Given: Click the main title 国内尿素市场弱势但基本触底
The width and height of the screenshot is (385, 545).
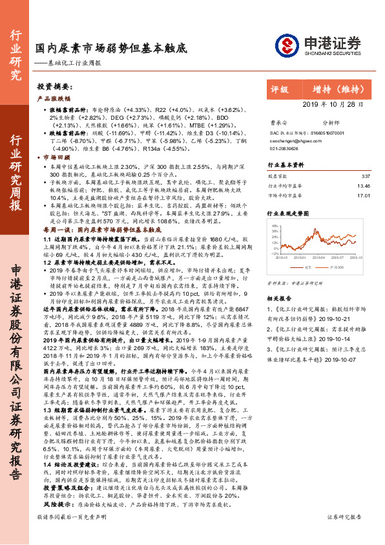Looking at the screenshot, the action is tap(110, 49).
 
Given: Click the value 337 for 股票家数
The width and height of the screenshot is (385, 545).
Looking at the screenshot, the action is tap(366, 176).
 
